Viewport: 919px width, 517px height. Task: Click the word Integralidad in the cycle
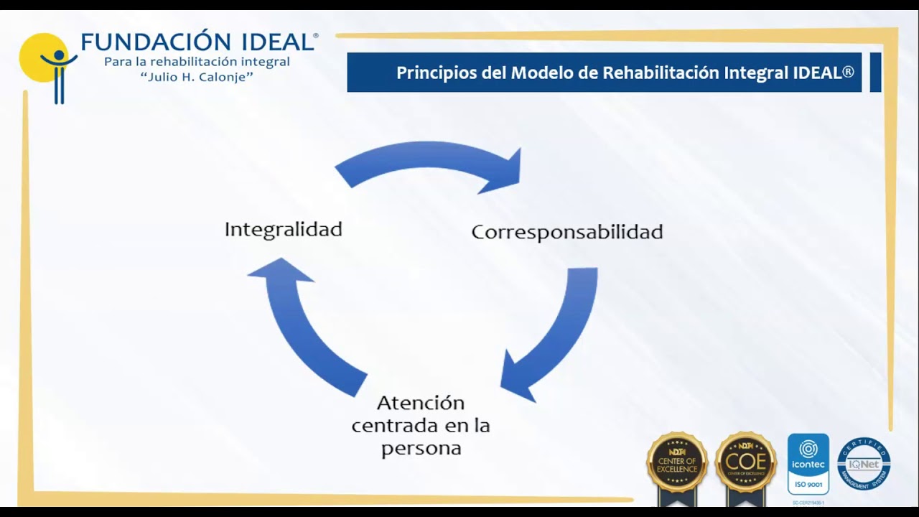283,230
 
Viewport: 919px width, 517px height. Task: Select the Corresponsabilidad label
566,232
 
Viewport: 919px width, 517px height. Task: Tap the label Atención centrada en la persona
421,425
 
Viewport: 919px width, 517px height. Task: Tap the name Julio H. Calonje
197,77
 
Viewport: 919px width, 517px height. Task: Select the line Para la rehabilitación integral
197,62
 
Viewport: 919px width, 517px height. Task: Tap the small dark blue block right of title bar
875,72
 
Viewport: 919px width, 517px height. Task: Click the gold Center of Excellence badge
677,463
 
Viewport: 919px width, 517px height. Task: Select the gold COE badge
746,463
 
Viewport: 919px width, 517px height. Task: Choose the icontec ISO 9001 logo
808,463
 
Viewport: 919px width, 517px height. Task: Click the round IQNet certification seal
864,464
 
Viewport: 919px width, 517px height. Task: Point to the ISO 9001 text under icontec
808,485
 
